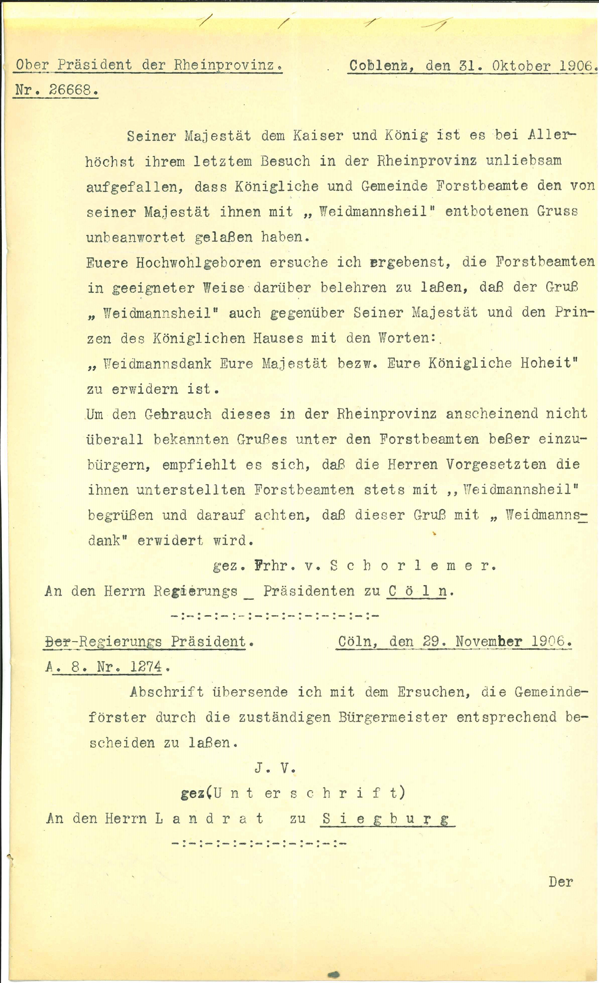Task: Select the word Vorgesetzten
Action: tap(496, 464)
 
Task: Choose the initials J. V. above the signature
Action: tap(275, 768)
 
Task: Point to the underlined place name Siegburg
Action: tap(387, 819)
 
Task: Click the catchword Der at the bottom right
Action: tap(561, 882)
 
